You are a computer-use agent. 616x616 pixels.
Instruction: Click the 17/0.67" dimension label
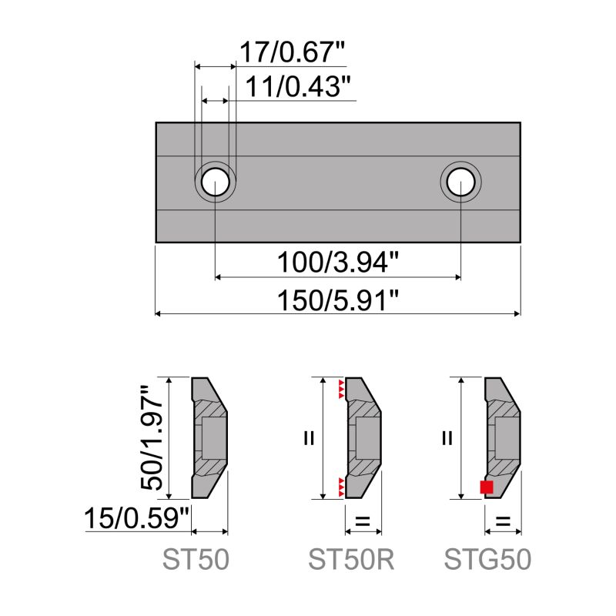pyautogui.click(x=291, y=53)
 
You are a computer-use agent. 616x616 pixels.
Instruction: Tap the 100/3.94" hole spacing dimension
pyautogui.click(x=338, y=263)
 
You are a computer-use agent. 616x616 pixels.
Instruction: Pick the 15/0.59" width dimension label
pyautogui.click(x=138, y=517)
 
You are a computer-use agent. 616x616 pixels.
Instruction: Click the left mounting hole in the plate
pyautogui.click(x=215, y=182)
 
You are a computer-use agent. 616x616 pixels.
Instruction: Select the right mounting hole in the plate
pyautogui.click(x=460, y=182)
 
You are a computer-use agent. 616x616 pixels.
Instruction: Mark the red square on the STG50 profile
pyautogui.click(x=486, y=487)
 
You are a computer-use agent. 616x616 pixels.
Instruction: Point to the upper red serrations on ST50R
pyautogui.click(x=340, y=389)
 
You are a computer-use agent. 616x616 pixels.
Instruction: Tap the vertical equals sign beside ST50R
pyautogui.click(x=309, y=438)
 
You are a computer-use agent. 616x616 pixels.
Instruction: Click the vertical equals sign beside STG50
pyautogui.click(x=447, y=438)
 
